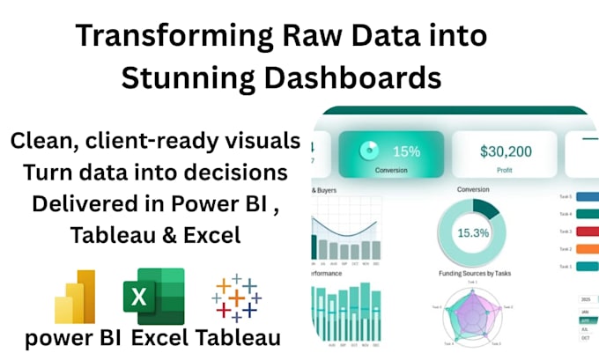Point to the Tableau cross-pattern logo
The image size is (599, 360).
click(236, 297)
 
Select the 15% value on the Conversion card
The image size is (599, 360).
click(407, 151)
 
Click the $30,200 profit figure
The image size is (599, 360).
click(506, 151)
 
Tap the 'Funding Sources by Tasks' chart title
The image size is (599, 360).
click(474, 275)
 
